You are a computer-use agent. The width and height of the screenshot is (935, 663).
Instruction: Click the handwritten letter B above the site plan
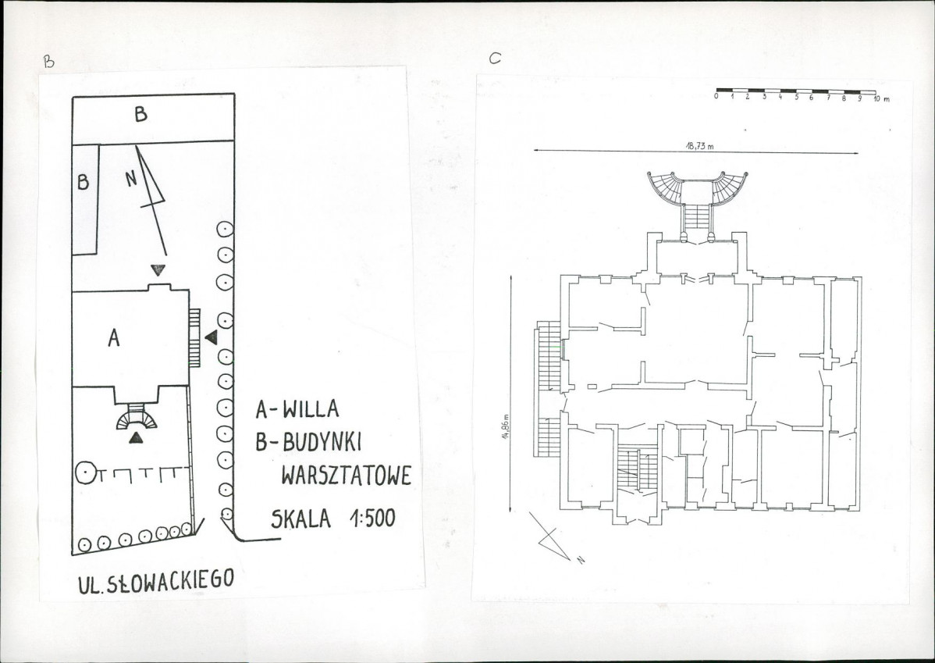49,61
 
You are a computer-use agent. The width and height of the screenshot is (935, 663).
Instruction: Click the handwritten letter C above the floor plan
495,58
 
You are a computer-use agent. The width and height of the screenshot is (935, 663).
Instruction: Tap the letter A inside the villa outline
114,338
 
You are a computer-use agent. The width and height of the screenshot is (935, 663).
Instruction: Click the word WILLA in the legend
311,408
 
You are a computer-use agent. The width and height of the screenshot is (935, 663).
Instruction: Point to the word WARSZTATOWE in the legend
347,475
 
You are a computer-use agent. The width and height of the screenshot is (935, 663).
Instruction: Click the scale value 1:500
372,518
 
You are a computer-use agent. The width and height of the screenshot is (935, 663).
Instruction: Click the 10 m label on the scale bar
881,98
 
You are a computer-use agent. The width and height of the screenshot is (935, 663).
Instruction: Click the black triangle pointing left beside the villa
211,337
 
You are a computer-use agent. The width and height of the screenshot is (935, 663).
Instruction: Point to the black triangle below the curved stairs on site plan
137,437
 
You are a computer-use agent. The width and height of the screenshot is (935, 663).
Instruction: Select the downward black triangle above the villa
158,269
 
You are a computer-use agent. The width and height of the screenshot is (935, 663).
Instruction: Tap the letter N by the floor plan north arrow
580,559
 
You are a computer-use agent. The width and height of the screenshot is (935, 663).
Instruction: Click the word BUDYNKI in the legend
322,442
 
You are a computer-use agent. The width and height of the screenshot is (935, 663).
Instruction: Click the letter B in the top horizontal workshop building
140,113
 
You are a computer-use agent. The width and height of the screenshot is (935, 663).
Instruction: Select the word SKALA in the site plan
300,519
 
